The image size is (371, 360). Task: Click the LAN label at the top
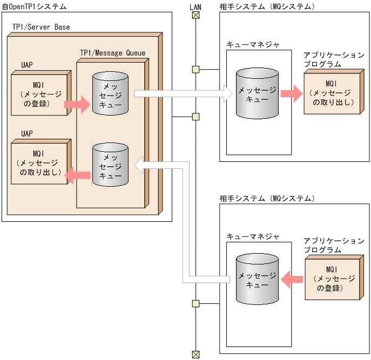click(196, 6)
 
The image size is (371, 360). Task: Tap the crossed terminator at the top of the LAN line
click(196, 15)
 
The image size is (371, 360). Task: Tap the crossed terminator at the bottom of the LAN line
click(196, 354)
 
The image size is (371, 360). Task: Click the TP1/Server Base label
click(41, 27)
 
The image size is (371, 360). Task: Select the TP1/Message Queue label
click(112, 53)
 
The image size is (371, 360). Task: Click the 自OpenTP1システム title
click(35, 6)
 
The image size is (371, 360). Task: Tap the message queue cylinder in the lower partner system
click(257, 279)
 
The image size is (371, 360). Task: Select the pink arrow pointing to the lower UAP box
click(78, 174)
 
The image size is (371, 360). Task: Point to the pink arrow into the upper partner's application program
click(291, 93)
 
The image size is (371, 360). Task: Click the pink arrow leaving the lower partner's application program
click(292, 279)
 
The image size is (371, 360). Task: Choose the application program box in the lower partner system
click(333, 279)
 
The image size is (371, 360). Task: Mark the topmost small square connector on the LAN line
click(196, 69)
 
